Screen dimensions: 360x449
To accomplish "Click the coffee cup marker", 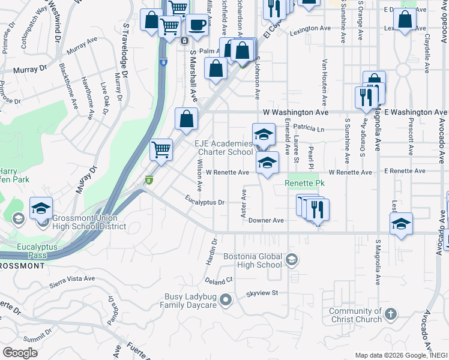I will [x=196, y=25].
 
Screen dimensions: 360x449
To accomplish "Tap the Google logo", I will [x=20, y=353].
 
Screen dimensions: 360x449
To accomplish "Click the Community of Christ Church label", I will [x=355, y=315].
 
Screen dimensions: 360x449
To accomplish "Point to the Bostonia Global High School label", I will [x=252, y=260].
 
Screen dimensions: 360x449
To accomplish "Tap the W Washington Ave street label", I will [x=296, y=112].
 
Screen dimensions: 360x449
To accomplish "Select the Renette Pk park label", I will [x=304, y=182].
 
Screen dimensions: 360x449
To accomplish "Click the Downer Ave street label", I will [x=266, y=220].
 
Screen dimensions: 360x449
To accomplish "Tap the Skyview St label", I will [x=262, y=293].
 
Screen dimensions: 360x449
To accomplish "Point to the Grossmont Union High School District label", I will [x=88, y=222].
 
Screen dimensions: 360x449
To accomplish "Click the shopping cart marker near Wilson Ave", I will [x=161, y=149].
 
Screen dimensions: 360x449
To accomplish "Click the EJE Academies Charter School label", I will [x=223, y=148].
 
